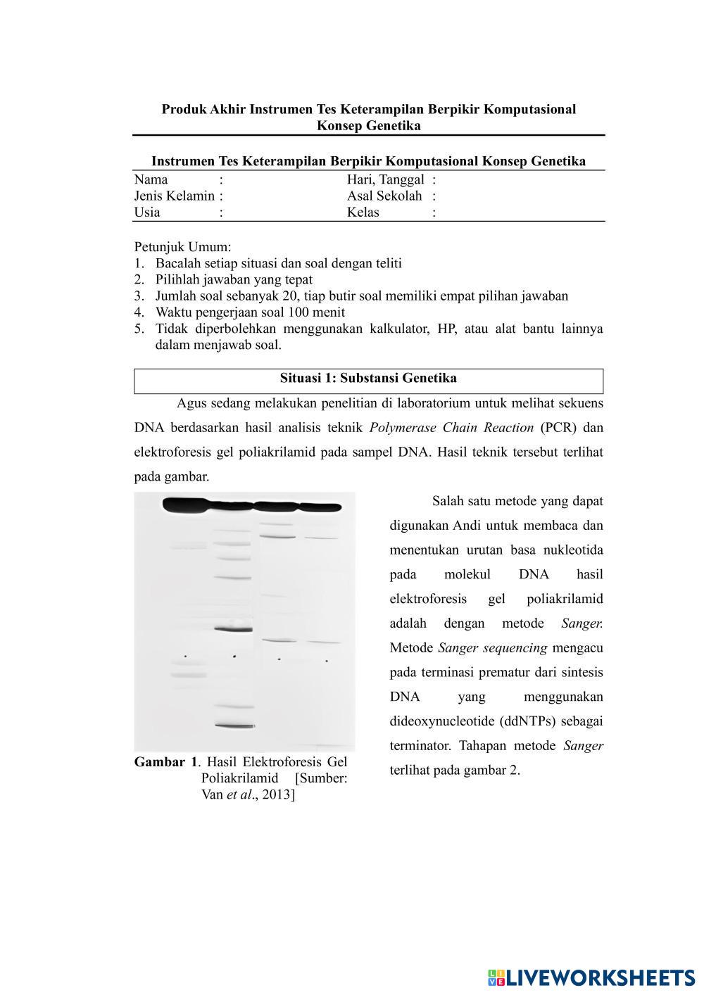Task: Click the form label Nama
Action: click(151, 179)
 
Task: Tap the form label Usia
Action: click(147, 213)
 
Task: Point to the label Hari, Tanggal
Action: click(385, 180)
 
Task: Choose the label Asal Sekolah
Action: click(384, 196)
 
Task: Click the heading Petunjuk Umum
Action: click(182, 247)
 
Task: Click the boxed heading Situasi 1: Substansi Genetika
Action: click(368, 379)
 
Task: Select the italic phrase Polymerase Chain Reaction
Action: click(451, 428)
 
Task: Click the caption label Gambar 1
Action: click(165, 762)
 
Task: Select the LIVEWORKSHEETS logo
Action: click(591, 977)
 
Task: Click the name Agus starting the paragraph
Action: click(190, 403)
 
